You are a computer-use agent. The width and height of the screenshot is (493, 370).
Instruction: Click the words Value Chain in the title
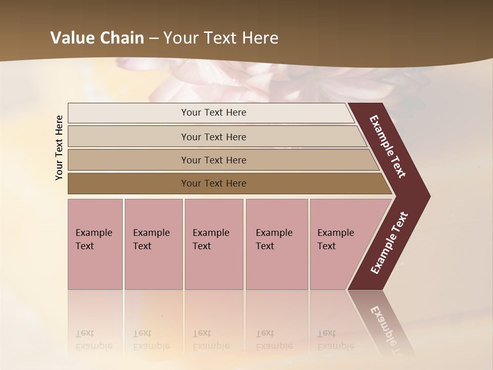97,38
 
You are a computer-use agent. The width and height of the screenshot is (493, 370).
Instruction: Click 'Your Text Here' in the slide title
221,38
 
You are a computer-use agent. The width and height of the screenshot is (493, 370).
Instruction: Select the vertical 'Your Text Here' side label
59,147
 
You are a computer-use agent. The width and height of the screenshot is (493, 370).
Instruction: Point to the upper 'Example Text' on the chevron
388,146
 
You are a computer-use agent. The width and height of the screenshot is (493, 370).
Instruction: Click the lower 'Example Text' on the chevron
389,243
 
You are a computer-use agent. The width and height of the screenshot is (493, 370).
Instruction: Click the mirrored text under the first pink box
94,340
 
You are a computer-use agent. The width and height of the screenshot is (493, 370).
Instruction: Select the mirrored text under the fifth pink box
335,340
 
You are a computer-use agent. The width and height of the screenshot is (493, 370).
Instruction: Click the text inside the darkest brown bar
214,183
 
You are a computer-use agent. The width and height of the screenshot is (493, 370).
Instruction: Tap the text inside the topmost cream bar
214,113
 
